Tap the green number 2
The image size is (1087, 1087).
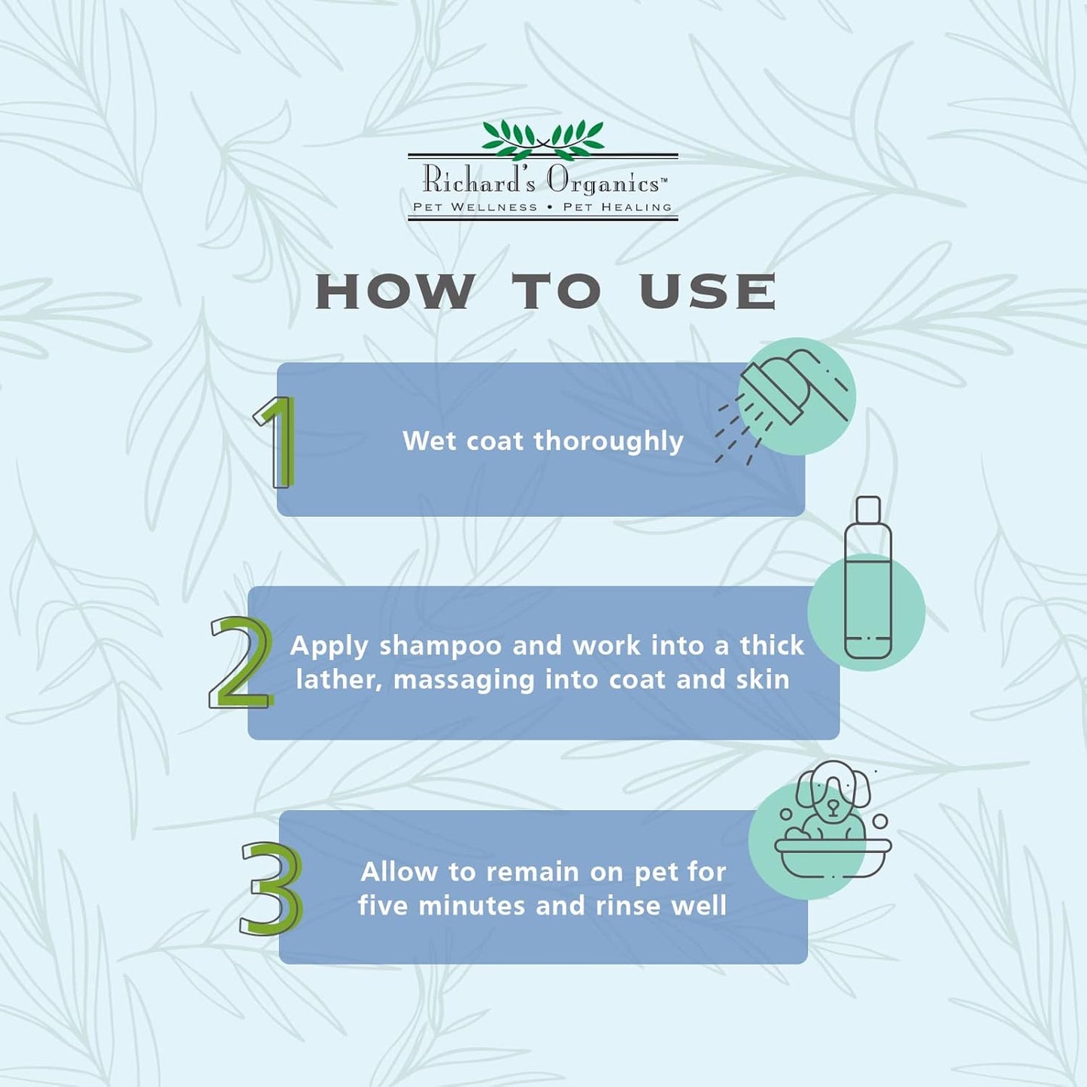click(x=241, y=663)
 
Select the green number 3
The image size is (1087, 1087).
click(x=271, y=888)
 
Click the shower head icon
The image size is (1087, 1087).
click(x=782, y=405)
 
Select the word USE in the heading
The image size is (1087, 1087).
click(x=707, y=291)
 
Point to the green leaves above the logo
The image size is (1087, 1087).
click(x=542, y=140)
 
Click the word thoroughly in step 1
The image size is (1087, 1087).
click(x=609, y=441)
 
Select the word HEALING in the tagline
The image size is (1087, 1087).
click(x=636, y=207)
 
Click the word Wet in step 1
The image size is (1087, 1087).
click(x=430, y=441)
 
